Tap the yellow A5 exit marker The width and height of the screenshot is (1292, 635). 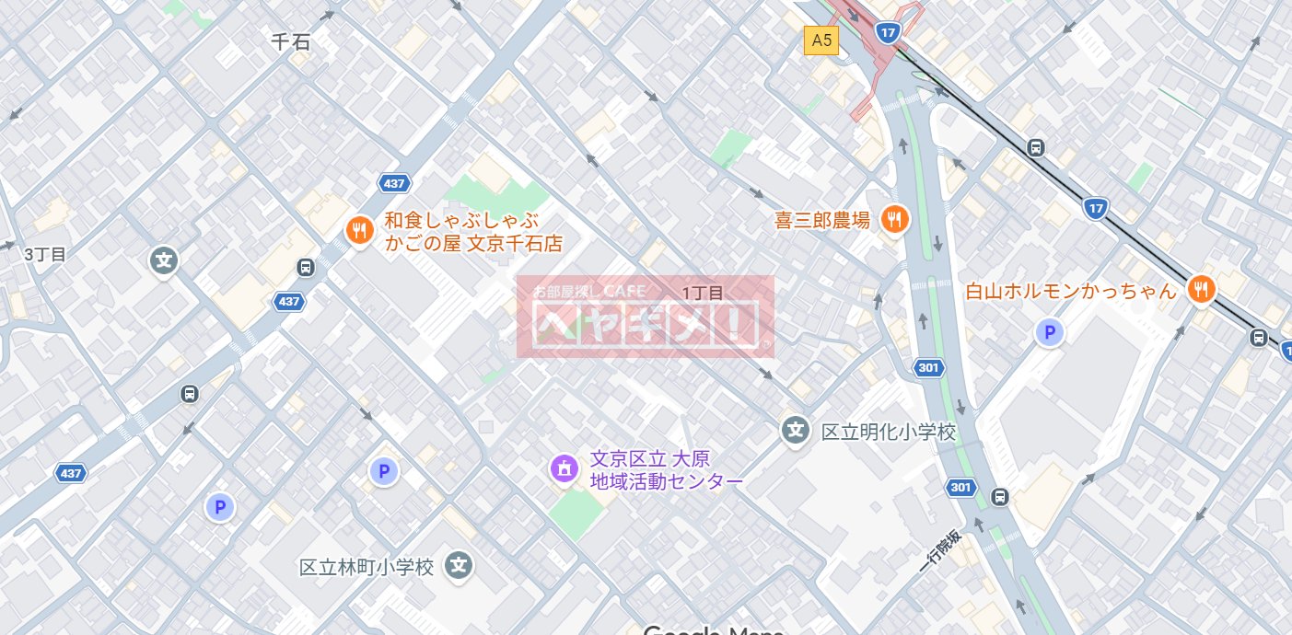click(821, 40)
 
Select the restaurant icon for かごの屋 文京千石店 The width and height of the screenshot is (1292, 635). click(358, 231)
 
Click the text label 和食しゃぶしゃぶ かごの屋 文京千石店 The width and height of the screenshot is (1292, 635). click(472, 232)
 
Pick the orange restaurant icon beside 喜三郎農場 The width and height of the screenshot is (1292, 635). click(893, 219)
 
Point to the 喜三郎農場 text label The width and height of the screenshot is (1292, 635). click(822, 220)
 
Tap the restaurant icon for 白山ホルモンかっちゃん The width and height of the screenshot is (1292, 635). click(1201, 290)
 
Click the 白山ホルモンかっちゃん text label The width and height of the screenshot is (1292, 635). click(1071, 292)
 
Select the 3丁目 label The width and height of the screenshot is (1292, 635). click(45, 255)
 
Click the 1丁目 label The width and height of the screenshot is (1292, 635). click(704, 293)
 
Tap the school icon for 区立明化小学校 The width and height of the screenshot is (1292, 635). click(795, 429)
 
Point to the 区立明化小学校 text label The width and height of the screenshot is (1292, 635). click(888, 432)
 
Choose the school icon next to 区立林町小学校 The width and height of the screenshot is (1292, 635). click(459, 566)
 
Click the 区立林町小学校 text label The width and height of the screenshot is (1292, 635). click(367, 567)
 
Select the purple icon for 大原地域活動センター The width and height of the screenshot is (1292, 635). click(564, 468)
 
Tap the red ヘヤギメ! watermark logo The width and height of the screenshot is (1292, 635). click(645, 317)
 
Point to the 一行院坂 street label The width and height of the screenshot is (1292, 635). click(940, 552)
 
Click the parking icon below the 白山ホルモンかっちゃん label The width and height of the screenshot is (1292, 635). click(1049, 333)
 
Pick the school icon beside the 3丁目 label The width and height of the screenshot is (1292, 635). click(164, 260)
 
